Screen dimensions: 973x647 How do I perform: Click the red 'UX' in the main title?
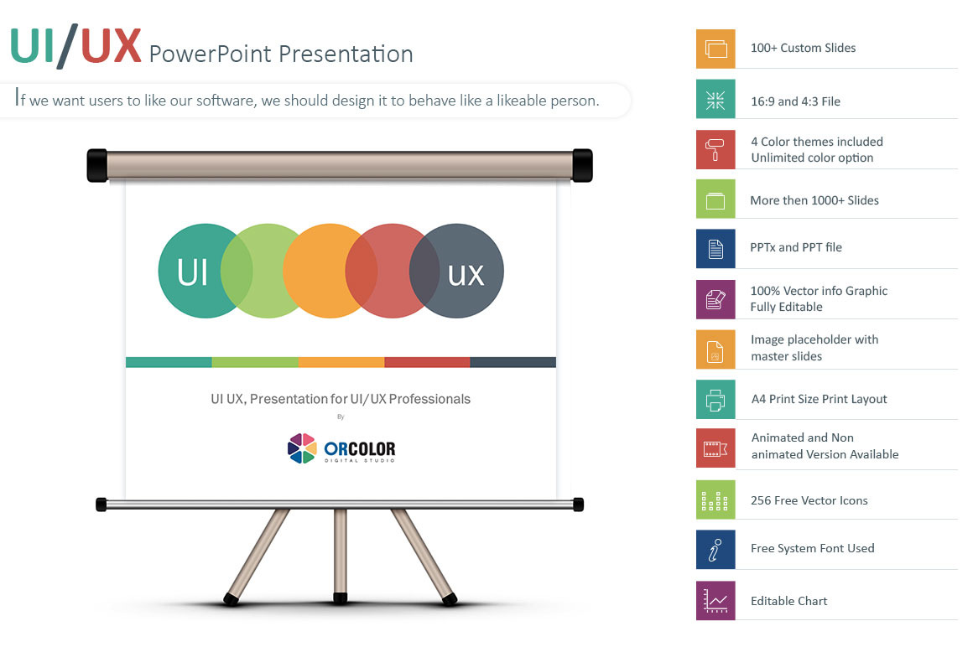[x=111, y=45]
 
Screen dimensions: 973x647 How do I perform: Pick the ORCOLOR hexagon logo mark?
[x=302, y=448]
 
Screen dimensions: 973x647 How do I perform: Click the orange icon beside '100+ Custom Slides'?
[x=715, y=49]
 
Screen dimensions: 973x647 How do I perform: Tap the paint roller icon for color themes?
[x=715, y=149]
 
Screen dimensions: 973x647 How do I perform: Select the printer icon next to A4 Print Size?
[x=715, y=400]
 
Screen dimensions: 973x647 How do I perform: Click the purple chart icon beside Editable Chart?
[x=715, y=601]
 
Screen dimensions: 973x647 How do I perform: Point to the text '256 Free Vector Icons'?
[x=809, y=500]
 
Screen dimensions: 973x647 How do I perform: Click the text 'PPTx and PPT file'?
[x=796, y=247]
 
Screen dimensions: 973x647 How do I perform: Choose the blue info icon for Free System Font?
[x=715, y=550]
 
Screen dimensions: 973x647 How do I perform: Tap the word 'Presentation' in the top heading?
[x=346, y=54]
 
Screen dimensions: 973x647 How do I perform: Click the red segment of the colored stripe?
[x=427, y=363]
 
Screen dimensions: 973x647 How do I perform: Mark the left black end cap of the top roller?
[x=97, y=165]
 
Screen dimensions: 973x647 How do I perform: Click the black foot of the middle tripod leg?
[x=340, y=598]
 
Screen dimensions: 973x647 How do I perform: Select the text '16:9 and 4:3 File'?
[x=795, y=101]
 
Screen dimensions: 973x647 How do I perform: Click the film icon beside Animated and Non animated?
[x=715, y=448]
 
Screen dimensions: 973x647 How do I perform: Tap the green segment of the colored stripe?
[x=255, y=363]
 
